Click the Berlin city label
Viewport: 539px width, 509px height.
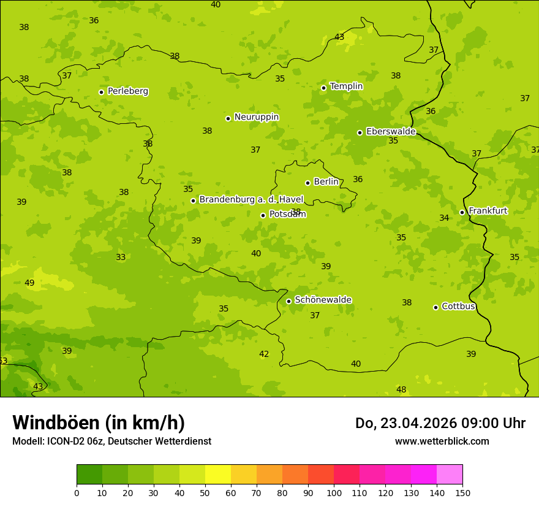point(326,182)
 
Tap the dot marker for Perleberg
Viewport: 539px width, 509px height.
point(102,92)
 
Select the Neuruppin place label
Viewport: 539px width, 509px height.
point(256,117)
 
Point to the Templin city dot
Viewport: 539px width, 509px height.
point(323,88)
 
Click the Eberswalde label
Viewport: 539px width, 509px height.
point(391,132)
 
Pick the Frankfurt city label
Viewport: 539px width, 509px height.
point(488,211)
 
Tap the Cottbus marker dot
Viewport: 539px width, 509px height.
point(436,307)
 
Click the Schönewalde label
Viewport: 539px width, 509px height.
point(323,300)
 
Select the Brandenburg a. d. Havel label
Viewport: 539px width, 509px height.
point(251,200)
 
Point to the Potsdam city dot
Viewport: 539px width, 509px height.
point(263,215)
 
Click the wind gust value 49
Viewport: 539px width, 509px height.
point(29,283)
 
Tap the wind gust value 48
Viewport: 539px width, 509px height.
point(401,390)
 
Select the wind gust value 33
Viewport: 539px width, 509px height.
point(121,258)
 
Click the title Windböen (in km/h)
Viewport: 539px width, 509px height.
point(99,423)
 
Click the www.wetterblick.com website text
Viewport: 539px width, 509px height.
point(442,442)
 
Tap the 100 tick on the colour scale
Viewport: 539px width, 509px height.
point(334,492)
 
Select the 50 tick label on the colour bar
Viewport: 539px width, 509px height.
point(205,492)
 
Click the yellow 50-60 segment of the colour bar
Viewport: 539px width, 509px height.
point(218,475)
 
